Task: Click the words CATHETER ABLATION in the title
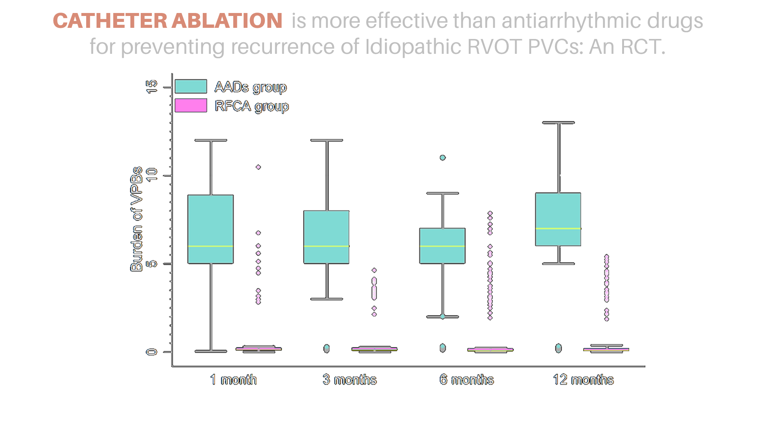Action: coord(168,21)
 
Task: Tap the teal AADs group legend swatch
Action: coord(191,86)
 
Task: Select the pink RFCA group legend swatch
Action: coord(191,105)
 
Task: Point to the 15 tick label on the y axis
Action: coord(152,87)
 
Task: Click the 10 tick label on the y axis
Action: coord(152,175)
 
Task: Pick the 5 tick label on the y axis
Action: coord(152,264)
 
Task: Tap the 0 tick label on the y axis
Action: coord(152,352)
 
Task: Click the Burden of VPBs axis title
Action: coord(136,219)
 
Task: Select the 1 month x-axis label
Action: coord(233,380)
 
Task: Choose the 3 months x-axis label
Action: coord(350,380)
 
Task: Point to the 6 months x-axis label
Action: coord(467,380)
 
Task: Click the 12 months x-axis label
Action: coord(583,380)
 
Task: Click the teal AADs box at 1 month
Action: coord(211,229)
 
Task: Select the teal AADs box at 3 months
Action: coord(326,237)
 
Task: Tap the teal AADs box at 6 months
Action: coord(442,246)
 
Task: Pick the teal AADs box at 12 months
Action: coord(558,219)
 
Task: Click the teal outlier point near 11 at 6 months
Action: coord(442,158)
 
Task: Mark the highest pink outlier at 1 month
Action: coord(258,167)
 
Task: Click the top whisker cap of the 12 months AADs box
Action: coord(559,122)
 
